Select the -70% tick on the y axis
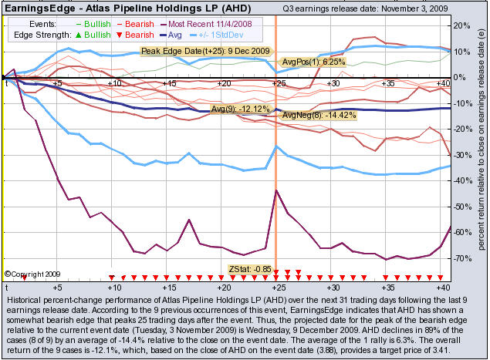[x=460, y=258]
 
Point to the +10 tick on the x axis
[x=113, y=82]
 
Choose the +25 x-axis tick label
[x=278, y=82]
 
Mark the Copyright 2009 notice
[x=31, y=273]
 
